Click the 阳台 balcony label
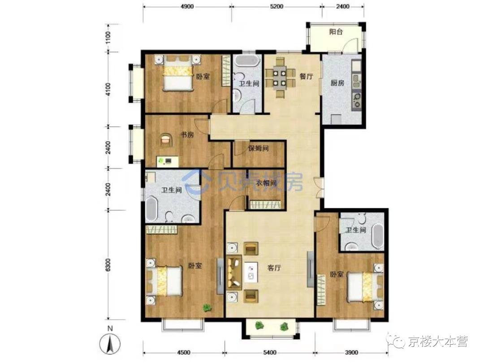[x=336, y=32]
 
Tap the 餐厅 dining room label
[x=306, y=76]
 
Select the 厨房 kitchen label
[x=337, y=83]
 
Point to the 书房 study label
[x=187, y=135]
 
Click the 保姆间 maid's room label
[x=259, y=148]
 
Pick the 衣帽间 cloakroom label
[x=266, y=183]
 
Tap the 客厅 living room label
[x=274, y=268]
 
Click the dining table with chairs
[x=280, y=78]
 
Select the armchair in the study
[x=166, y=139]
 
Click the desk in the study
[x=167, y=161]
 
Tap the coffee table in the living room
[x=251, y=272]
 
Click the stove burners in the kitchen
[x=357, y=101]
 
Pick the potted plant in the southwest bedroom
[x=207, y=308]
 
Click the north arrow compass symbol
[x=110, y=343]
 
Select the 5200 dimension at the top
[x=276, y=6]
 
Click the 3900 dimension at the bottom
[x=351, y=353]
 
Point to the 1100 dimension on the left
[x=108, y=38]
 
